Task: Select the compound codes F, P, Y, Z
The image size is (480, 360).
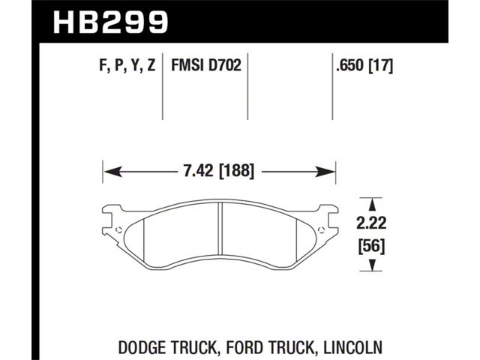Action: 127,65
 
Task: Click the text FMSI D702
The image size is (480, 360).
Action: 206,65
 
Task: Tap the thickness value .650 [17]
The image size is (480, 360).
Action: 364,65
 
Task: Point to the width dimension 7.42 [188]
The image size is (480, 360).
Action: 219,171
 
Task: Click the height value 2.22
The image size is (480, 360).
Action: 372,223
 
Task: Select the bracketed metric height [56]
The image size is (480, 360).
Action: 372,246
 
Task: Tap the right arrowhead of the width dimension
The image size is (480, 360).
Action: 325,172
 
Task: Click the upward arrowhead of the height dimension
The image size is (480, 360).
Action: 372,204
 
